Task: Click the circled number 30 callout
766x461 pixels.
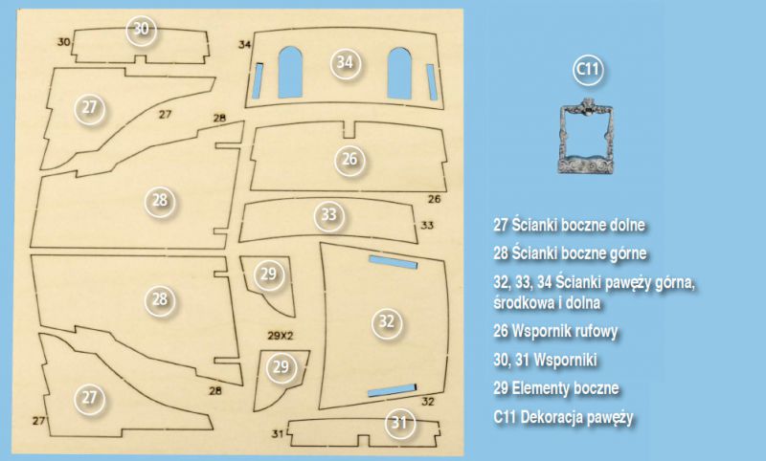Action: coord(141,29)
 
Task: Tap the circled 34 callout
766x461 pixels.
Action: coord(345,62)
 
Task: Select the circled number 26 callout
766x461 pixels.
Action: coord(349,160)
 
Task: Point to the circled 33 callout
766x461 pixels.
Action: coord(328,215)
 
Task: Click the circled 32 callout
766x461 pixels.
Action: coord(387,321)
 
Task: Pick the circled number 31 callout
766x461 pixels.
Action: coord(399,423)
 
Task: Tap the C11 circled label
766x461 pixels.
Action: coord(588,69)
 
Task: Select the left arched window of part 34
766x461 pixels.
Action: coord(290,72)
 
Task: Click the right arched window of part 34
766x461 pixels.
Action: coord(399,74)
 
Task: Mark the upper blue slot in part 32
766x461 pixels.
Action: coord(393,262)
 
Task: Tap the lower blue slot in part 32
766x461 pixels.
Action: coord(392,390)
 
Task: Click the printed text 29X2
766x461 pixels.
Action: coord(281,336)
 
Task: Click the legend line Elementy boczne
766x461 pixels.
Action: coord(565,388)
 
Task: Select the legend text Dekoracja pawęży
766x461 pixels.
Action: coord(577,417)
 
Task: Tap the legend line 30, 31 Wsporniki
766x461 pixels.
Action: coord(545,360)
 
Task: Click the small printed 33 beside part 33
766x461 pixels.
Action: coord(427,226)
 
